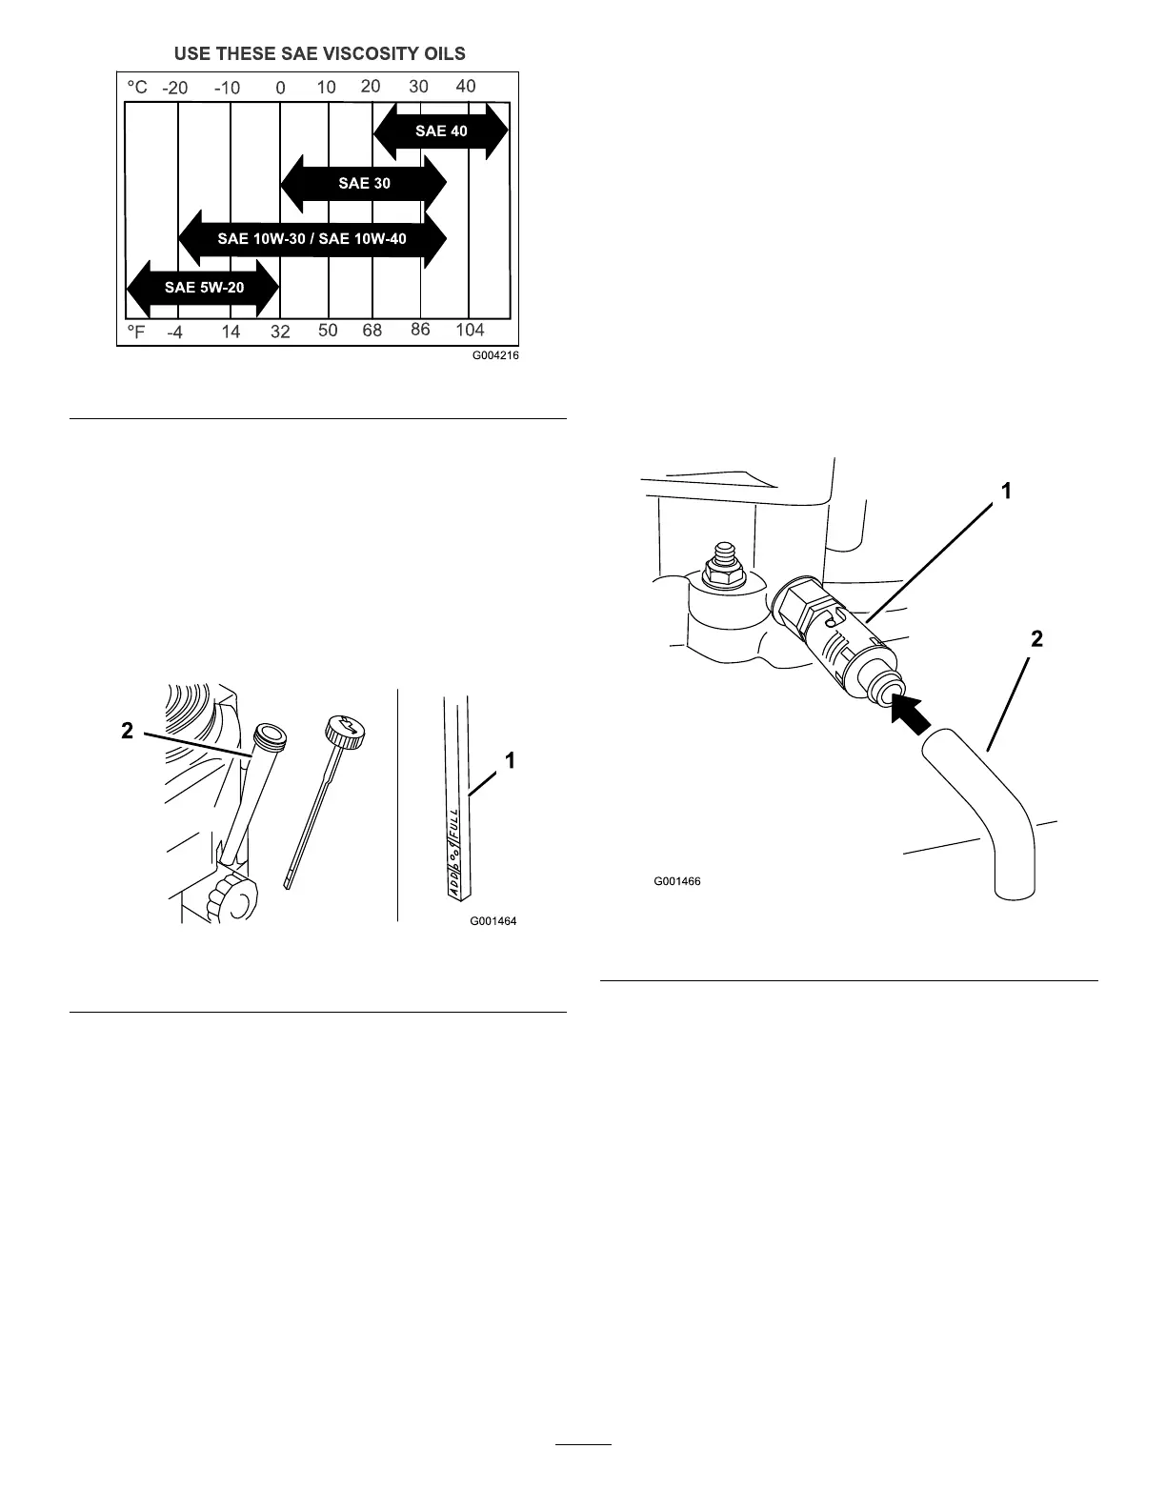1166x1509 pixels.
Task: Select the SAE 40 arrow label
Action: coord(441,131)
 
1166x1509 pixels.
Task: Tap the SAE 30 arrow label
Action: coord(364,183)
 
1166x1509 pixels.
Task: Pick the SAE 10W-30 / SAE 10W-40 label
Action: coord(312,238)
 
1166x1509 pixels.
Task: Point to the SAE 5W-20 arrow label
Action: coord(204,287)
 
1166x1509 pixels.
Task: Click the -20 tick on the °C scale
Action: coord(175,88)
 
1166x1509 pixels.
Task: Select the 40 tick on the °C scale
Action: coord(466,86)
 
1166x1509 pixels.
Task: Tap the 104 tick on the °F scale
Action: coord(470,330)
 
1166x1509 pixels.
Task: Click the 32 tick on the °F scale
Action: coord(280,332)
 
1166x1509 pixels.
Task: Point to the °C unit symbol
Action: coord(137,87)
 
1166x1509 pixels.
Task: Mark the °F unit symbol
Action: coord(137,332)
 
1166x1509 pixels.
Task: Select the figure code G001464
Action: coord(493,921)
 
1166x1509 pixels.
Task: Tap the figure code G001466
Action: coord(677,881)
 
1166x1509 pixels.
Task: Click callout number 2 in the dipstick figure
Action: coord(127,731)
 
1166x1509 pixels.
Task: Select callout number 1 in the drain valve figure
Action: coord(1006,491)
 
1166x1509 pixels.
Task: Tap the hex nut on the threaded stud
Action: coord(718,573)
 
